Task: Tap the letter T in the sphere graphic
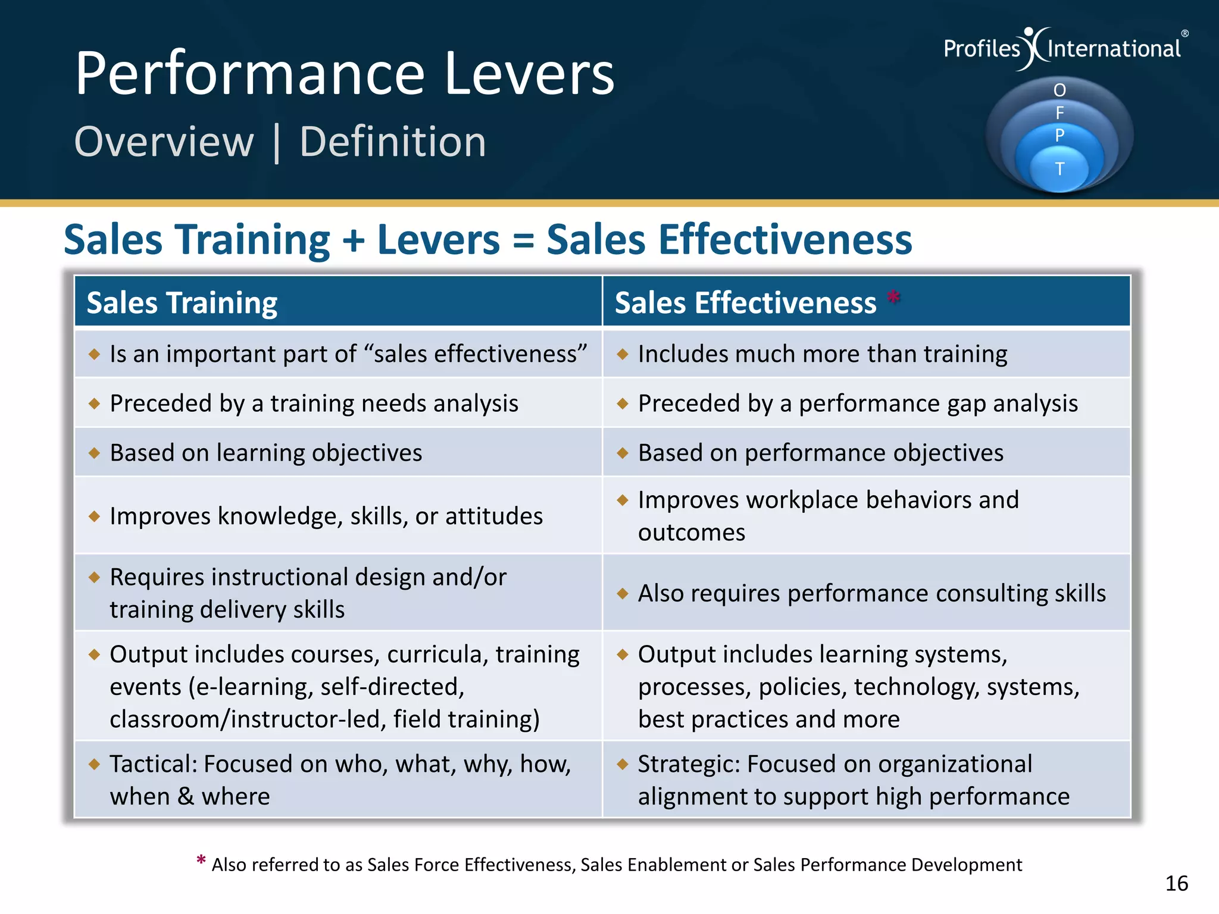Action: point(1059,170)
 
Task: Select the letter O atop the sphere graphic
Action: point(1059,90)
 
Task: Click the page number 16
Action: point(1176,884)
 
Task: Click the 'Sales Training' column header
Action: point(182,303)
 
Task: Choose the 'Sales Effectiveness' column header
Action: point(745,303)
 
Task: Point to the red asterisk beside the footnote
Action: point(201,860)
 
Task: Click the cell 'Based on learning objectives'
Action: point(266,453)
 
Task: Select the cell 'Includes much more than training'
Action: point(823,354)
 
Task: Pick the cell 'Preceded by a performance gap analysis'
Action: point(858,403)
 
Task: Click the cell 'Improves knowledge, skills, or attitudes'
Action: point(326,516)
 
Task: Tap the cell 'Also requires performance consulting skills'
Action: point(872,593)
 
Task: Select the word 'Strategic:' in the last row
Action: point(689,764)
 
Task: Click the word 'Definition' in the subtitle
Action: point(393,142)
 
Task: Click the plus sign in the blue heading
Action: point(354,240)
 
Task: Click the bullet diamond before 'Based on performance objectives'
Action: point(623,453)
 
